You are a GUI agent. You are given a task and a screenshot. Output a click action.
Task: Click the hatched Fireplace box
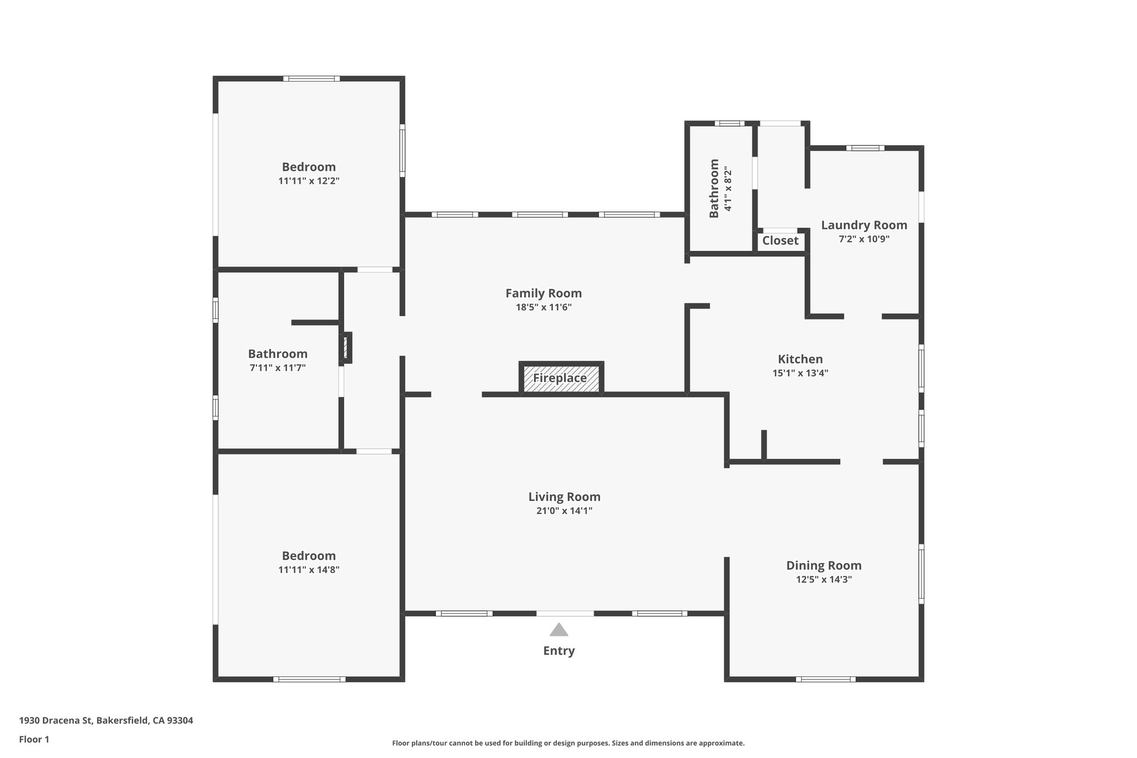coord(561,378)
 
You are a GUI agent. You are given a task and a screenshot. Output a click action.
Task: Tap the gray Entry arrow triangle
coord(559,630)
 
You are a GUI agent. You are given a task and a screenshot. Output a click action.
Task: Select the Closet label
coord(780,240)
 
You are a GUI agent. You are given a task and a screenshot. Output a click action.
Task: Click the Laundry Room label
coord(864,225)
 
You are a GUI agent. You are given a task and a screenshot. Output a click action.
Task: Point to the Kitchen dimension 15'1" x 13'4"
coord(800,373)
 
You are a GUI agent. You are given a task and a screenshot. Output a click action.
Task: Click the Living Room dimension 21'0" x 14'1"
coord(564,511)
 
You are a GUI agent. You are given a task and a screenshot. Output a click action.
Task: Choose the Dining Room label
coord(823,565)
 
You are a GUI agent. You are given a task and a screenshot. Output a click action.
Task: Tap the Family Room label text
coord(543,293)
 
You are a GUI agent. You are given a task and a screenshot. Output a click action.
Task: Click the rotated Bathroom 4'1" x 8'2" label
coord(720,189)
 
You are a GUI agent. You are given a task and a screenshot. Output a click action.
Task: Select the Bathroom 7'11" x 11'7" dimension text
coord(278,368)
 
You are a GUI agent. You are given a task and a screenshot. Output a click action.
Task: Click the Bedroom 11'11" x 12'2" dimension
coord(309,181)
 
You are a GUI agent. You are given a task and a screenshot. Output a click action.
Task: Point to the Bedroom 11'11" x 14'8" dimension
coord(309,570)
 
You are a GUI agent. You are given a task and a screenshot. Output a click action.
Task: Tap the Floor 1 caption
coord(34,739)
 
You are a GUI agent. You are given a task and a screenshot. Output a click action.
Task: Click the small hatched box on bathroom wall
coord(346,348)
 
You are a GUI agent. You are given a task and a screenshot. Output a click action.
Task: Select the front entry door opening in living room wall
coord(565,614)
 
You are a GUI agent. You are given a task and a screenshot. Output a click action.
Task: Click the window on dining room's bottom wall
coord(825,679)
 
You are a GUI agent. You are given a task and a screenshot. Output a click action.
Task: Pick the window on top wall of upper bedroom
coord(311,79)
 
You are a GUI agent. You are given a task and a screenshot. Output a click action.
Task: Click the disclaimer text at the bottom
coord(568,743)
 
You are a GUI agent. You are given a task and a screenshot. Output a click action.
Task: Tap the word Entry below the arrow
coord(559,651)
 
